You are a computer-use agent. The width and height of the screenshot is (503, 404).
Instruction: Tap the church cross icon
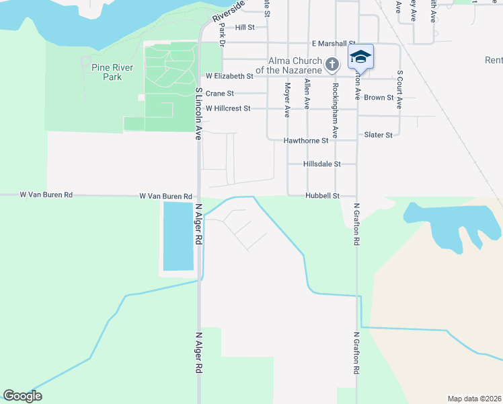coord(331,65)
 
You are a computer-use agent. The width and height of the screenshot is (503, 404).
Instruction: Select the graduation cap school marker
coord(360,57)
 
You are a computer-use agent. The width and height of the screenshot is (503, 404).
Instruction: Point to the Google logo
coord(22,396)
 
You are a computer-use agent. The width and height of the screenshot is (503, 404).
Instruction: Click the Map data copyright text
coord(474,399)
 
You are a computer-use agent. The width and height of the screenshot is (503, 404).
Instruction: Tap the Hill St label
coord(245,28)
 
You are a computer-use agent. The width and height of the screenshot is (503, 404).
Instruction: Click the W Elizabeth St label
coord(229,77)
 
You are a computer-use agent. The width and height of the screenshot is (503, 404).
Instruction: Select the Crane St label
coord(219,94)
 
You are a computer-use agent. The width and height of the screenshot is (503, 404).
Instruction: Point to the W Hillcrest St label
coord(228,108)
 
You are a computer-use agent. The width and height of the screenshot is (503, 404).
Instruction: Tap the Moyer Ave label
coord(287,96)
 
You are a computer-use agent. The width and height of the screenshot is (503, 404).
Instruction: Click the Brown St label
coord(379,98)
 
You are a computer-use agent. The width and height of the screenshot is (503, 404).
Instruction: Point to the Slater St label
coord(378,135)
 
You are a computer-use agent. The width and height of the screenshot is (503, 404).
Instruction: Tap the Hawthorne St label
coord(305,141)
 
